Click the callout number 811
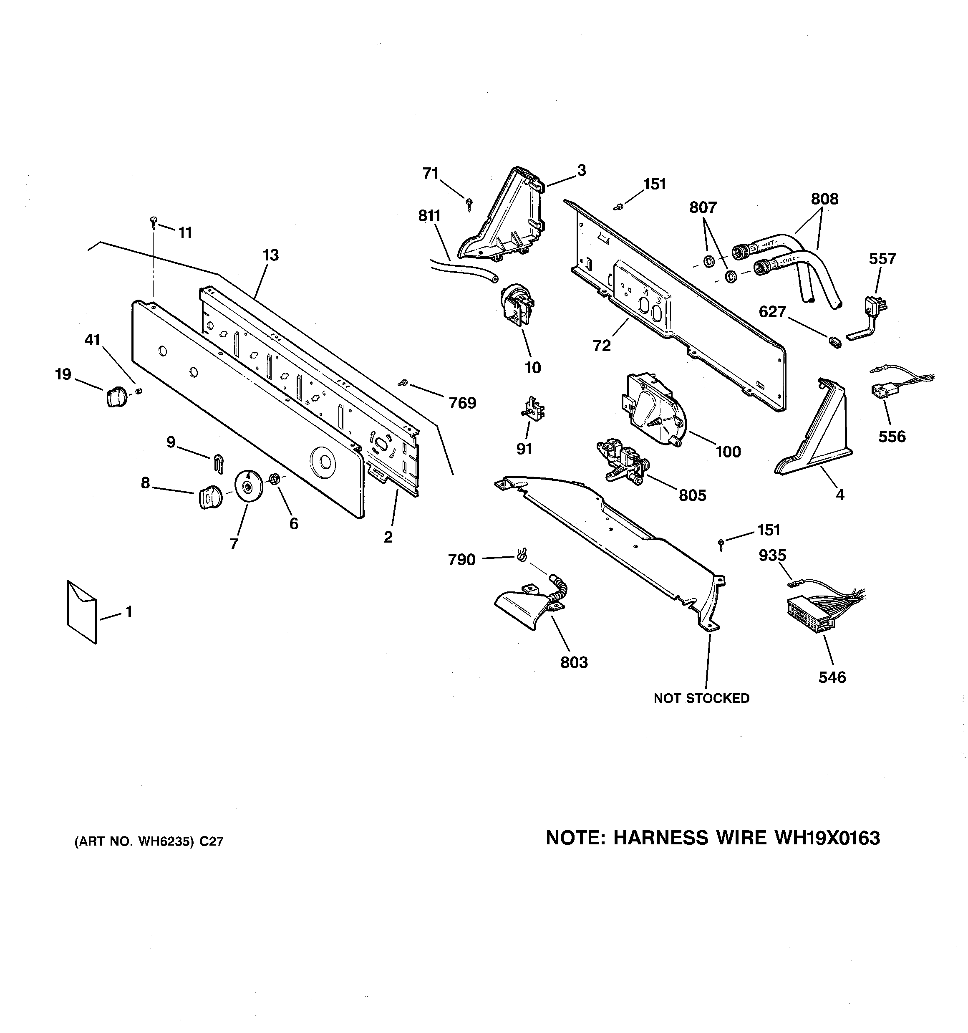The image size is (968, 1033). click(x=429, y=216)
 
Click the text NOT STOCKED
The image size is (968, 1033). click(x=701, y=698)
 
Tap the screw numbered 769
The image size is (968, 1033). click(x=402, y=383)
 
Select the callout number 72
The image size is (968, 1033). click(x=602, y=346)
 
